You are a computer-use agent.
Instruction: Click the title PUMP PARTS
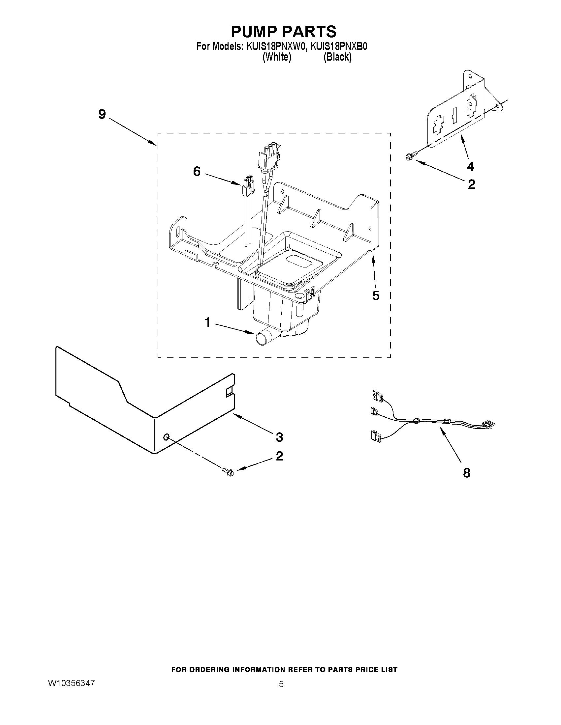click(284, 32)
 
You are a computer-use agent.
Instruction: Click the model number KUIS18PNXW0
click(275, 46)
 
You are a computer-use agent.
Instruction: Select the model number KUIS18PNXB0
click(338, 46)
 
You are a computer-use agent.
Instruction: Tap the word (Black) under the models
click(337, 57)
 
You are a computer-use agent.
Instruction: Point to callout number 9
click(102, 114)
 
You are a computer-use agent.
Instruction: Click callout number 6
click(197, 171)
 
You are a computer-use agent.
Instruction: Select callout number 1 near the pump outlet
click(207, 322)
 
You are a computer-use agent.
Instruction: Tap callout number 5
click(376, 295)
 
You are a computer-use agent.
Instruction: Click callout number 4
click(470, 166)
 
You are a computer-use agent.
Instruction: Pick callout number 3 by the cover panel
click(279, 437)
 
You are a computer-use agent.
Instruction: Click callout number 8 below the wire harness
click(467, 473)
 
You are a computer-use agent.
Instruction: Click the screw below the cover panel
click(228, 471)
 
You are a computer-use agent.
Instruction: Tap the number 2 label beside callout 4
click(471, 184)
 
